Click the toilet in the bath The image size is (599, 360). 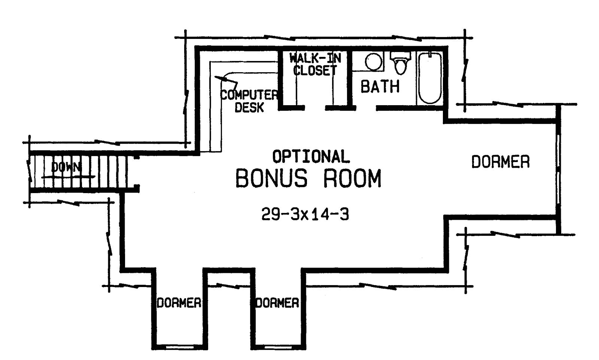point(401,64)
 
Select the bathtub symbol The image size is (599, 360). point(430,78)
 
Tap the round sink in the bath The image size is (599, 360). point(373,62)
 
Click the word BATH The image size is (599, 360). point(380,87)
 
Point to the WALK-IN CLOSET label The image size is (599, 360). point(315,64)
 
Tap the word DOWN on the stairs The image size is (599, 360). point(66,167)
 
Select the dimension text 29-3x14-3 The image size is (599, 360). point(305,214)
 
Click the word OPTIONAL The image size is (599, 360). point(311,156)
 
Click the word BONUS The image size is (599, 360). point(271,179)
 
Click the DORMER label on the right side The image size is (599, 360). point(500,162)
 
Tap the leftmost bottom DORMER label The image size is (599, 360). point(179,303)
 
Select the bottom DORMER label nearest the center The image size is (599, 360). point(277,303)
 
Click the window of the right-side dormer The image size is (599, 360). point(559,170)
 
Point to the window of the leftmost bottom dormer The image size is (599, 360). point(179,347)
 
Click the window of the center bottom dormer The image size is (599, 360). point(277,347)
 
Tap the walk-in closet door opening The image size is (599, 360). point(315,108)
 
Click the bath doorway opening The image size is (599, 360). point(365,108)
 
